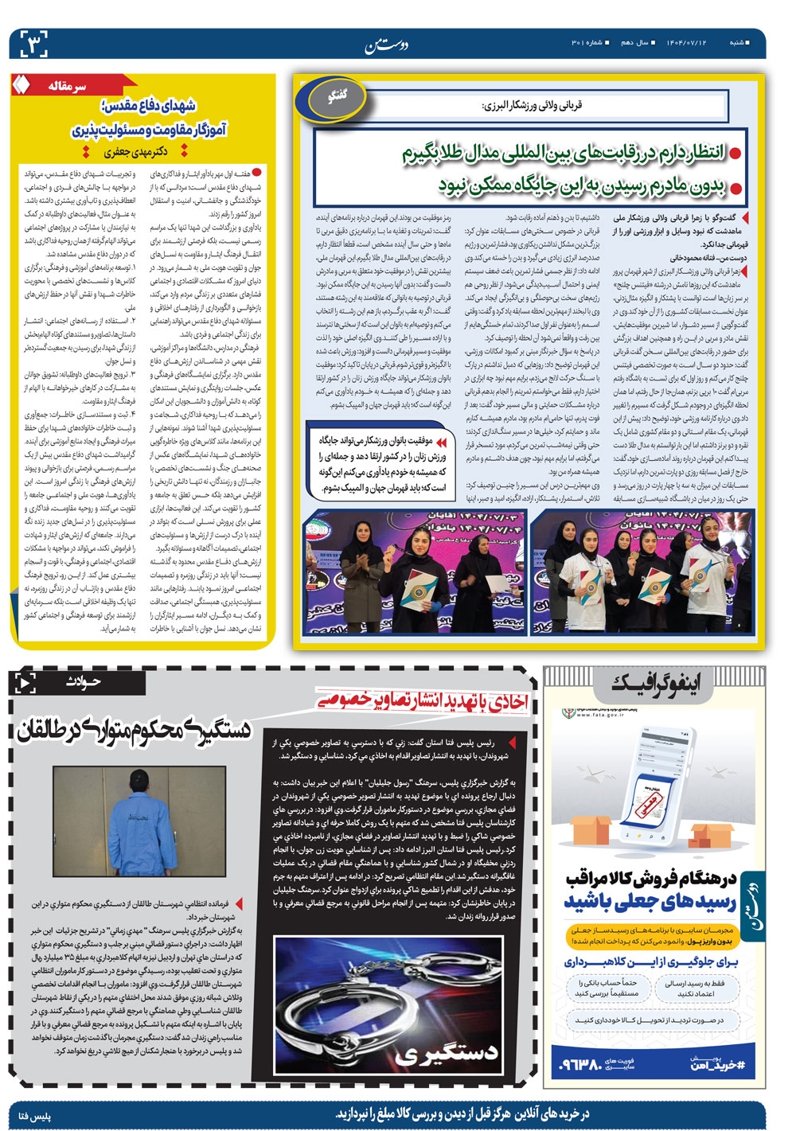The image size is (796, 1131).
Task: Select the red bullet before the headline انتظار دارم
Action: [x=735, y=153]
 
